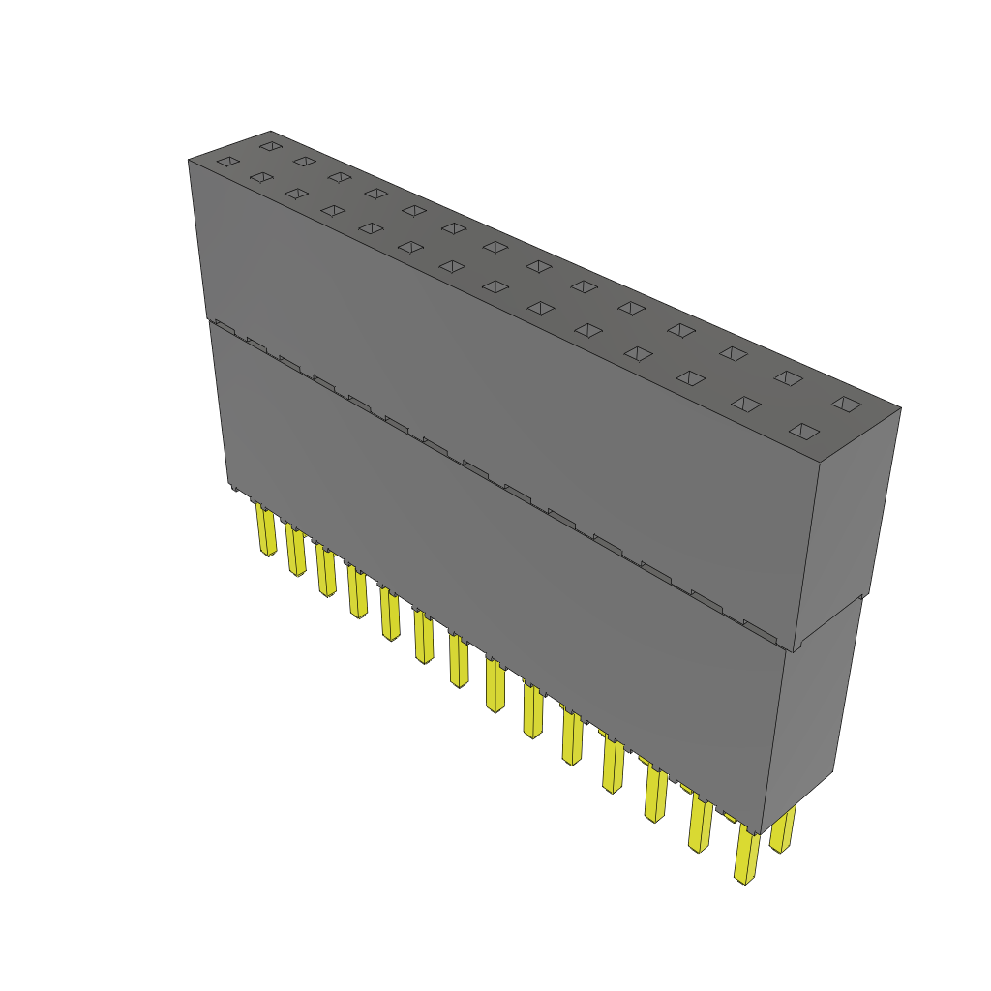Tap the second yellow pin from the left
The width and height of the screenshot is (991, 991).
(x=296, y=551)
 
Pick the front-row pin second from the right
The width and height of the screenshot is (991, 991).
(x=700, y=824)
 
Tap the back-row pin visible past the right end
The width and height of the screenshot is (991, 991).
(x=783, y=829)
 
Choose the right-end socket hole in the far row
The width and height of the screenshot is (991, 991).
(x=846, y=404)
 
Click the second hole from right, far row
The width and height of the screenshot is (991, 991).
(x=788, y=377)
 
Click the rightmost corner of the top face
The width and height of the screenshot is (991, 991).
(x=901, y=407)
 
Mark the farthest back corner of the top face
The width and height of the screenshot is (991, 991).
(x=271, y=131)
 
